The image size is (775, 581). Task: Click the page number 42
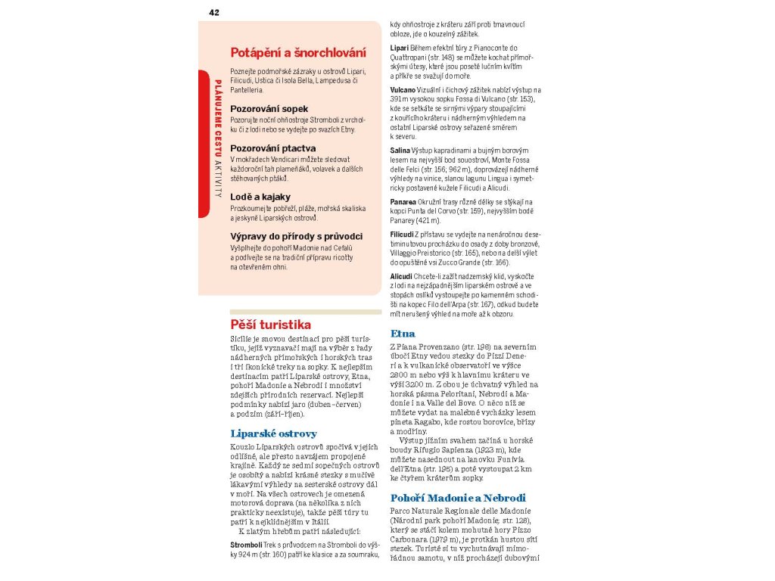tap(214, 12)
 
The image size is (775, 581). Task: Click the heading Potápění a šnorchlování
tap(298, 53)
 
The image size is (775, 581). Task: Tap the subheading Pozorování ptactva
tap(272, 148)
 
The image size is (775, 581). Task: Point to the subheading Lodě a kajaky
tap(260, 197)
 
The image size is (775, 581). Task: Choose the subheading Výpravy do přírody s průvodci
tap(296, 236)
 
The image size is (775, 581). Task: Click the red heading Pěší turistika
tap(270, 325)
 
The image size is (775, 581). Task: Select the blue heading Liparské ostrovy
tap(273, 433)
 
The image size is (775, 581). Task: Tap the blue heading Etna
tap(403, 334)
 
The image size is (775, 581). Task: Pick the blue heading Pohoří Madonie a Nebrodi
tap(458, 498)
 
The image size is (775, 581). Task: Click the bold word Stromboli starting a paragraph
tap(246, 545)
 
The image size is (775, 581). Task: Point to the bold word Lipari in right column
tap(400, 48)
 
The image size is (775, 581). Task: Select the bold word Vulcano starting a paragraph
tap(403, 90)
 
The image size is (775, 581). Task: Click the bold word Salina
tap(400, 151)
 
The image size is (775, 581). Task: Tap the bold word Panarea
tap(403, 202)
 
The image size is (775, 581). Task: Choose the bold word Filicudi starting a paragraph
tap(402, 235)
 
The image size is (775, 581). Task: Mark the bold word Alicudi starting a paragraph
tap(401, 277)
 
